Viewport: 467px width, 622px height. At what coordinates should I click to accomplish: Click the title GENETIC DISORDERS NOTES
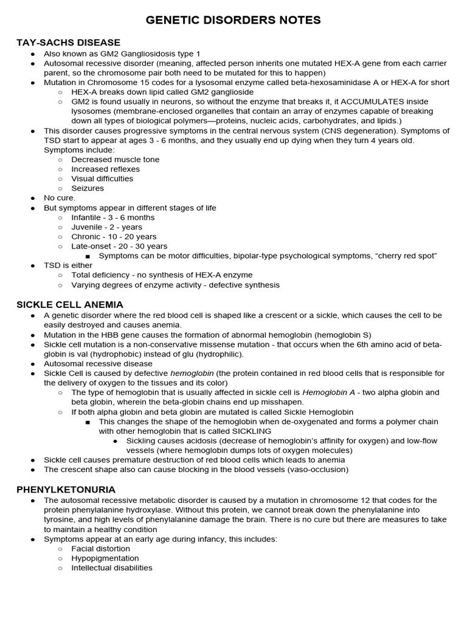click(x=233, y=21)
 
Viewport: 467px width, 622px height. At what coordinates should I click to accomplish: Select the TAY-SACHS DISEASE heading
click(x=68, y=43)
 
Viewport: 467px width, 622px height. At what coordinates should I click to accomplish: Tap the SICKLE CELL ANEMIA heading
click(x=70, y=304)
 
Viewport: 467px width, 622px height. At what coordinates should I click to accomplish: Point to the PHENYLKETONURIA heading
click(x=66, y=489)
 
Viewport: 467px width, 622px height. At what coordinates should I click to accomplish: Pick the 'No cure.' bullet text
click(x=60, y=198)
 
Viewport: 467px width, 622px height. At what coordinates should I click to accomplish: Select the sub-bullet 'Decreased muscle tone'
click(x=116, y=160)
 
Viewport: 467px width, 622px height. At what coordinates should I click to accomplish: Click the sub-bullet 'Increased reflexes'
click(x=105, y=169)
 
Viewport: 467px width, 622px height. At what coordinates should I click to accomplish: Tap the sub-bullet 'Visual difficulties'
click(x=102, y=179)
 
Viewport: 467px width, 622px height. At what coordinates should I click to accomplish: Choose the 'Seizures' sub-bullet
click(x=88, y=189)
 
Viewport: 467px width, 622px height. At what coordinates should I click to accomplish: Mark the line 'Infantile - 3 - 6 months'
click(x=113, y=217)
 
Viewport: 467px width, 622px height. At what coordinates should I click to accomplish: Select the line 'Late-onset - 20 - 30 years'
click(x=119, y=247)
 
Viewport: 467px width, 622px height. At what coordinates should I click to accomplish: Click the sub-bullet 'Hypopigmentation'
click(x=105, y=558)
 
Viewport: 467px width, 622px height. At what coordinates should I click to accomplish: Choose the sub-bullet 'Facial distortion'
click(x=100, y=549)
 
